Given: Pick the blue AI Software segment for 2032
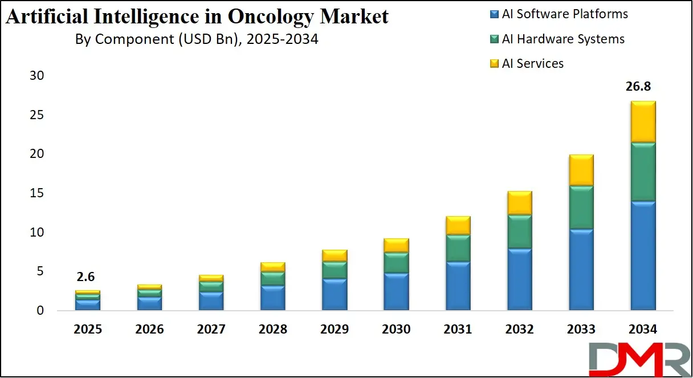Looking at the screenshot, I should click(x=519, y=279).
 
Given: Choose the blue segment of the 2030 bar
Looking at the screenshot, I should click(x=396, y=291).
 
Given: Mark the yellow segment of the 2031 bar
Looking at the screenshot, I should click(x=458, y=225).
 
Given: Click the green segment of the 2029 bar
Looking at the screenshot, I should click(x=334, y=270).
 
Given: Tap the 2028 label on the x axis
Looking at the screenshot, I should click(x=272, y=330).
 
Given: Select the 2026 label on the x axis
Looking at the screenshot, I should click(x=149, y=330).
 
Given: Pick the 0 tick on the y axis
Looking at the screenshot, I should click(x=39, y=311).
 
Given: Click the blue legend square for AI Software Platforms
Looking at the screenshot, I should click(x=494, y=14).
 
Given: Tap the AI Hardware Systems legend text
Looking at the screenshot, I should click(x=563, y=39).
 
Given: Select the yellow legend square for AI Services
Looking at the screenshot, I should click(x=494, y=63).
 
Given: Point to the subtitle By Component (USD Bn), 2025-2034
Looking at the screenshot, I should click(x=197, y=40).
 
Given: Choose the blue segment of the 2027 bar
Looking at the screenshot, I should click(x=211, y=300).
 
